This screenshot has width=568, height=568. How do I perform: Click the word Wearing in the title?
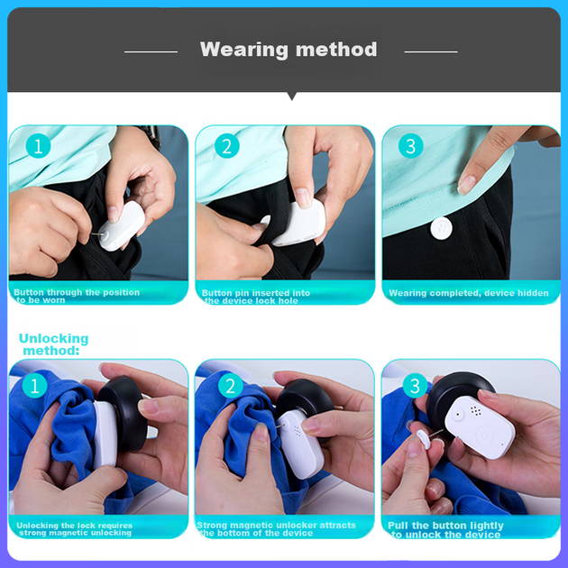(x=243, y=50)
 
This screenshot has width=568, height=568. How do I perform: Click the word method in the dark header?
(x=336, y=49)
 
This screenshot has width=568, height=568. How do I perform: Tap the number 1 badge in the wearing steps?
(x=38, y=146)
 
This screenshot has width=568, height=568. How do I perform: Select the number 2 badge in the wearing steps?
(x=227, y=146)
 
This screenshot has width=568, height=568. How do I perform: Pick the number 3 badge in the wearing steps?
(x=411, y=146)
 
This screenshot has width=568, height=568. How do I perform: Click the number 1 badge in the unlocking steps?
(x=34, y=386)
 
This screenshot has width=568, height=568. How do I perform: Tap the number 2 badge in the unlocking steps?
(x=231, y=386)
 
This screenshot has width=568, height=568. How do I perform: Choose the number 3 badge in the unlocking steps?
(x=415, y=386)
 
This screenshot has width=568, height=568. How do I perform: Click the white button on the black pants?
(x=441, y=228)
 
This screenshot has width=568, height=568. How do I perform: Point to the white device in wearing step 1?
(x=122, y=226)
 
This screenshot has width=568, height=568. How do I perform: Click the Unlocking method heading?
(x=53, y=344)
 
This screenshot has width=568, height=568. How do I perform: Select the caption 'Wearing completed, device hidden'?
(x=469, y=293)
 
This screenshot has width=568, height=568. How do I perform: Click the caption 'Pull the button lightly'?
(x=445, y=526)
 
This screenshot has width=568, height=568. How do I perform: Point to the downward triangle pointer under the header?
(x=292, y=96)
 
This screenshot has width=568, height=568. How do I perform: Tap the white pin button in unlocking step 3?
(x=424, y=438)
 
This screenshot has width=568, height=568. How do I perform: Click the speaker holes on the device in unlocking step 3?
(x=476, y=411)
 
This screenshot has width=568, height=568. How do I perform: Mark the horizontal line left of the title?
(x=151, y=51)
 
